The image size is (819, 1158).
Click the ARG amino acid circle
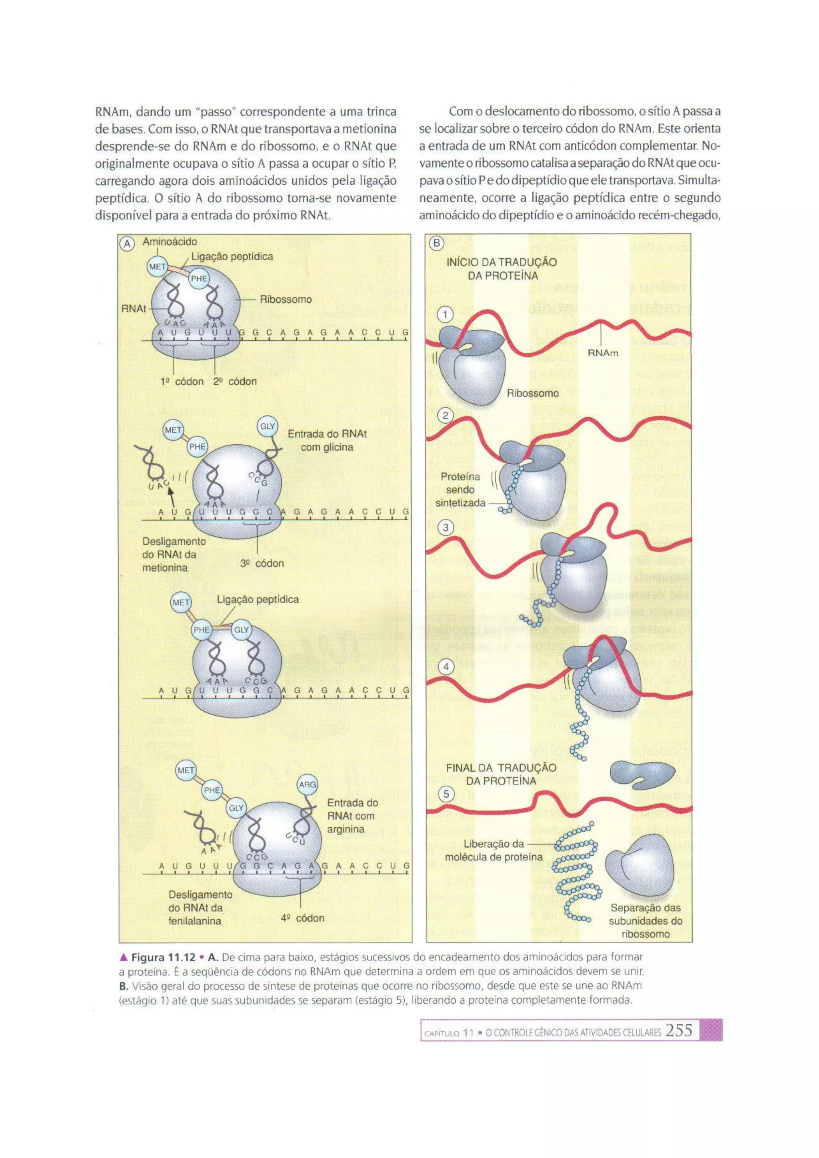pos(307,784)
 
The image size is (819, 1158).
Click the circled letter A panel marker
pos(128,244)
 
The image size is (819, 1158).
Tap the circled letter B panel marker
pos(436,244)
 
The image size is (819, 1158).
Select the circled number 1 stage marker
pos(445,315)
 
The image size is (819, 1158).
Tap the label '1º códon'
pos(182,381)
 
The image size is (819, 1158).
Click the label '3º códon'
pos(262,563)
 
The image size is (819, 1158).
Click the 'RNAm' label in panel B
pos(603,353)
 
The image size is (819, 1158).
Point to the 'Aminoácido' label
pos(170,242)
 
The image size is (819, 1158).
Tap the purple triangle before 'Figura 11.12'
pos(123,957)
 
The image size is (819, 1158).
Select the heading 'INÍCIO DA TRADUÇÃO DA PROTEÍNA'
pos(502,269)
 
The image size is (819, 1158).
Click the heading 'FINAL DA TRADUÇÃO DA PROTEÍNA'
pos(501,774)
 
